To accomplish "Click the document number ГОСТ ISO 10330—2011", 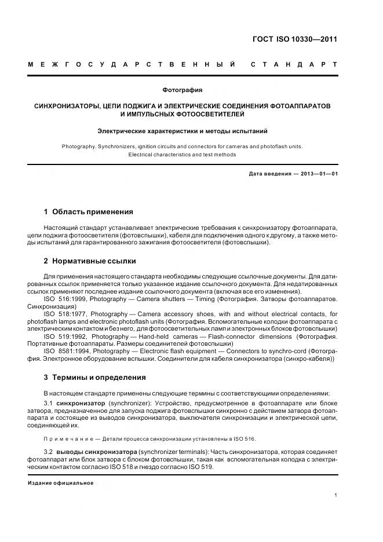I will point(294,40).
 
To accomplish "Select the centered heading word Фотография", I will point(183,90).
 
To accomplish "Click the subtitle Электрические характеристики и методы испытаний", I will point(183,131).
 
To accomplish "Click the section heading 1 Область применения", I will point(89,212).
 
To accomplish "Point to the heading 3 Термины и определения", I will point(94,378).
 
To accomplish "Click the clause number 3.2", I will point(49,451).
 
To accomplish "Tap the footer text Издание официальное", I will point(60,483).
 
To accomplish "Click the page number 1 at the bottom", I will point(336,495).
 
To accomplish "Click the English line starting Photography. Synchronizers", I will point(182,147).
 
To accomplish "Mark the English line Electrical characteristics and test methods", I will point(182,155).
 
